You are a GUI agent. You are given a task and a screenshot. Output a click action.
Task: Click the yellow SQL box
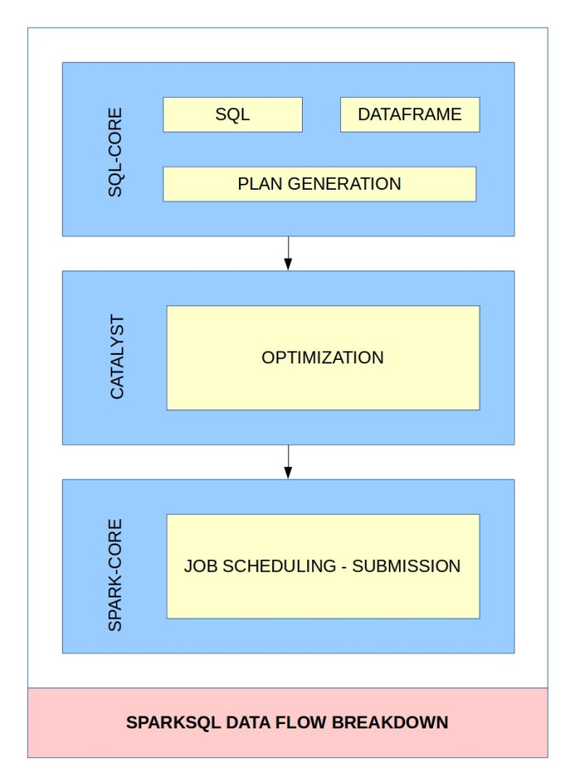coord(232,115)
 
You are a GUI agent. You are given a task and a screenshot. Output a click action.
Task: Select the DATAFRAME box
coord(410,115)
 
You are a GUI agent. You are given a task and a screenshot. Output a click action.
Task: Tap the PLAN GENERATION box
coord(319,184)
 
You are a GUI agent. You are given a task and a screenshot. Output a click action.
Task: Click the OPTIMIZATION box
coord(323,358)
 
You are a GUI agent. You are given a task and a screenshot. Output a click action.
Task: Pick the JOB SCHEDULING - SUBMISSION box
coord(323,567)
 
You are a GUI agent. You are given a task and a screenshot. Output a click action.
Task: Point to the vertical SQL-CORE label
coord(115,152)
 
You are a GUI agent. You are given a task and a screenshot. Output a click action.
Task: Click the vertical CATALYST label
coord(117,357)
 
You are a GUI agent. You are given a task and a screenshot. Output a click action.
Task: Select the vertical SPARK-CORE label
coord(115,575)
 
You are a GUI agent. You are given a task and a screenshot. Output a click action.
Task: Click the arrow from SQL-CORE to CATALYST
coord(288,254)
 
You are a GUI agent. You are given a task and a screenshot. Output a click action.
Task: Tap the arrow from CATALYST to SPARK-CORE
coord(288,462)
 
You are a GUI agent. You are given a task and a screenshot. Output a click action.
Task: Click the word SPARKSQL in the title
coord(173,722)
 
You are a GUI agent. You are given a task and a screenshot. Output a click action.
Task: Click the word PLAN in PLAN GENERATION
coord(259,184)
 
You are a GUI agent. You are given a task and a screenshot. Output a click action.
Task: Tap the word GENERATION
coord(344,184)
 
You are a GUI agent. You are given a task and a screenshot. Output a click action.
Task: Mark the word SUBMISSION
coord(407,567)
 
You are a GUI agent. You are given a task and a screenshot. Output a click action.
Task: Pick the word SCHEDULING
coord(279,567)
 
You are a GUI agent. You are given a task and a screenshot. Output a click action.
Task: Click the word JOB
coord(201,567)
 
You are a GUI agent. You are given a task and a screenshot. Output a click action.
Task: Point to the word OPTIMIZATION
coord(322,358)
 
